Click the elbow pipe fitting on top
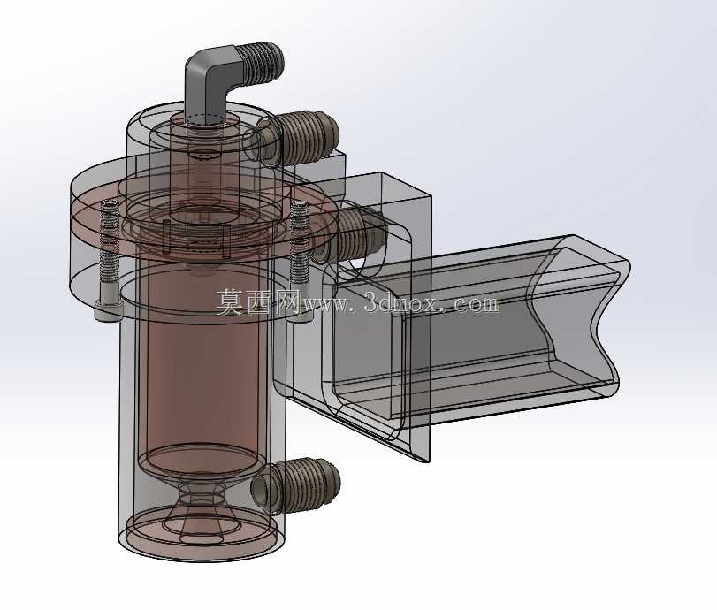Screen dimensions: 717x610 point(215,78)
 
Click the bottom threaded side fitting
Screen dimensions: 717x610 point(297,484)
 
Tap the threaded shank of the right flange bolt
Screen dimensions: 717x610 point(300,242)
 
